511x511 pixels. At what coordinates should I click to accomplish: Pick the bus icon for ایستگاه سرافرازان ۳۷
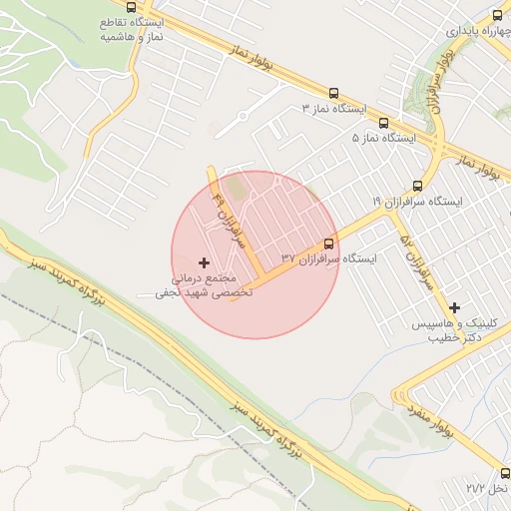[x=328, y=244]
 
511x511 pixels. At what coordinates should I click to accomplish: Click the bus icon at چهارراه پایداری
[x=497, y=16]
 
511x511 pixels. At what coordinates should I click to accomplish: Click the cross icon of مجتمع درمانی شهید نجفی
[x=205, y=261]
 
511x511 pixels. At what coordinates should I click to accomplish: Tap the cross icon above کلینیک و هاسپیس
[x=455, y=307]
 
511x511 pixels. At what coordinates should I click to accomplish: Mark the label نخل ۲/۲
[x=487, y=488]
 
